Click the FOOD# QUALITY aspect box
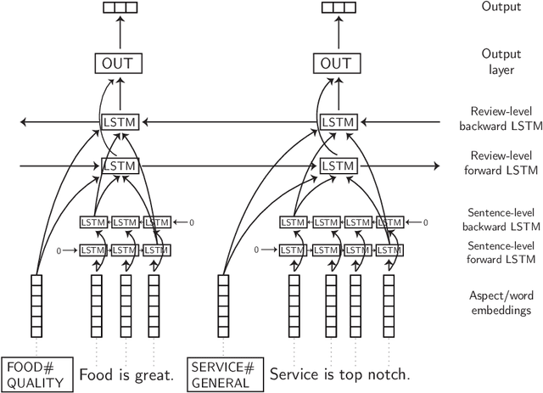35,373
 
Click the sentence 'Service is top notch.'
339,374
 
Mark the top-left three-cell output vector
120,9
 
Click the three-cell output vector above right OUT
338,9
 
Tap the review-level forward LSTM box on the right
338,166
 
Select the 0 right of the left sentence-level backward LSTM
191,222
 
